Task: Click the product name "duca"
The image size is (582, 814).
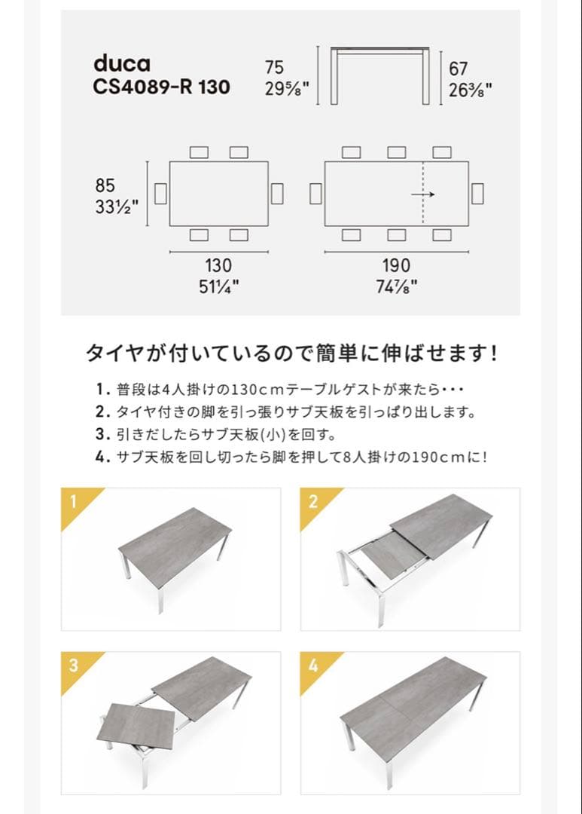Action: (x=121, y=63)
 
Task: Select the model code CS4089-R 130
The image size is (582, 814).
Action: (x=161, y=87)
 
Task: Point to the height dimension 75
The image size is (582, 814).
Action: (x=275, y=69)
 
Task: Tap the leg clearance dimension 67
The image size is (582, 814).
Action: (x=458, y=69)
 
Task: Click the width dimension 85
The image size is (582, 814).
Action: (x=105, y=185)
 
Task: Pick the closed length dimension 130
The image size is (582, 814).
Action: (x=218, y=265)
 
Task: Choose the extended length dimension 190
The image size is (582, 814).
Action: (x=396, y=265)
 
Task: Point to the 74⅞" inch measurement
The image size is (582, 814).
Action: (x=396, y=286)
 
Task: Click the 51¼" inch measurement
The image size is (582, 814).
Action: (x=218, y=286)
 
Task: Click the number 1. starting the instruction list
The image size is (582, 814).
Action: (x=103, y=390)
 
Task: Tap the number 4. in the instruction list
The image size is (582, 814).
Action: (x=103, y=457)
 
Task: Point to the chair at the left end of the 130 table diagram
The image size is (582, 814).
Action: (x=160, y=194)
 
